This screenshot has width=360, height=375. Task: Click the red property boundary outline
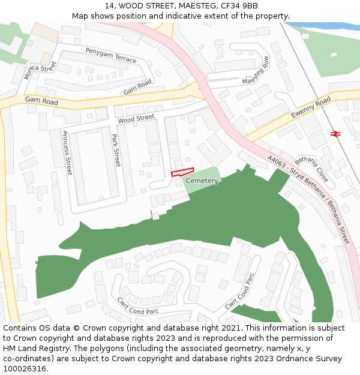(183, 173)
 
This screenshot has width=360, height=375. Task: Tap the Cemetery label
(202, 181)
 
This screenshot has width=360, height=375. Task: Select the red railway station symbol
(335, 134)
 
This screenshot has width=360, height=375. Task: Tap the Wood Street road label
(136, 119)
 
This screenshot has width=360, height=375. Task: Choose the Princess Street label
(67, 152)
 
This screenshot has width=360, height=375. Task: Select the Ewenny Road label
(311, 107)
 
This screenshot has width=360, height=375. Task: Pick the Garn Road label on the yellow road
(41, 101)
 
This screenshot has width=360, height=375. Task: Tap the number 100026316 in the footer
(24, 368)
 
